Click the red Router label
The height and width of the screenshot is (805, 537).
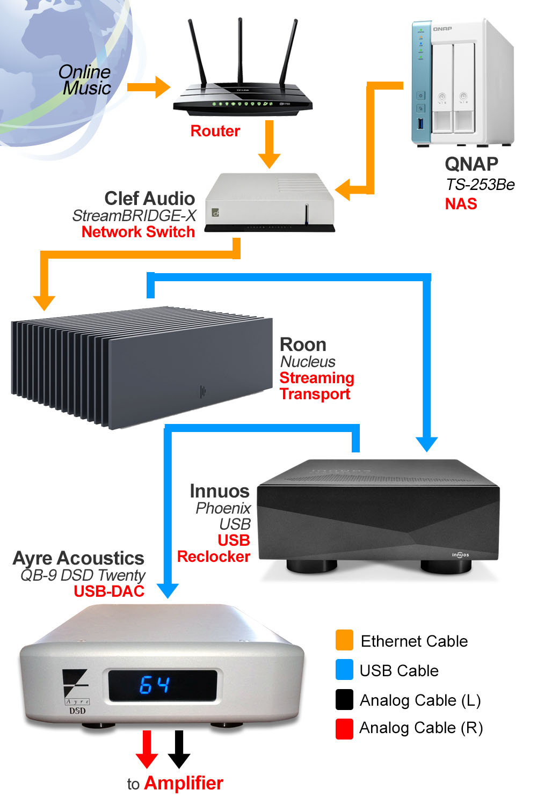pos(215,131)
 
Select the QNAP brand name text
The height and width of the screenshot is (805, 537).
pos(471,164)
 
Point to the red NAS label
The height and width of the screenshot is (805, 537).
pos(461,204)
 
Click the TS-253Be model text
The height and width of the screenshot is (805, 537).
pos(480,185)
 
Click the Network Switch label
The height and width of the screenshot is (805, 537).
pos(138,232)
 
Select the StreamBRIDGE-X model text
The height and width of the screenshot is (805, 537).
pos(134,216)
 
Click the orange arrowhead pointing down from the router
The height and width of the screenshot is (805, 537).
pos(269,160)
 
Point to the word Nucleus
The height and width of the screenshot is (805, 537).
pos(308,362)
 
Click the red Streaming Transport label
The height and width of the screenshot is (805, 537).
pos(316,386)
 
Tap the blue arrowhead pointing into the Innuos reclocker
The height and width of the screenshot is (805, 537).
pos(427,444)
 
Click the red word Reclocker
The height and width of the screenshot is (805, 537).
pos(214,557)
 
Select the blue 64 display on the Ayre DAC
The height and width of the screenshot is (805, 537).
pos(155,685)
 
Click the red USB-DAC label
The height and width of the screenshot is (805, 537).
pos(109,591)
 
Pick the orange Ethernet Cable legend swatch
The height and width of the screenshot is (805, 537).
pos(344,640)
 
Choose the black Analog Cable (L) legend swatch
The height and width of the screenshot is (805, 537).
pos(344,699)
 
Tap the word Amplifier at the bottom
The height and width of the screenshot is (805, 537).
pos(184,784)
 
